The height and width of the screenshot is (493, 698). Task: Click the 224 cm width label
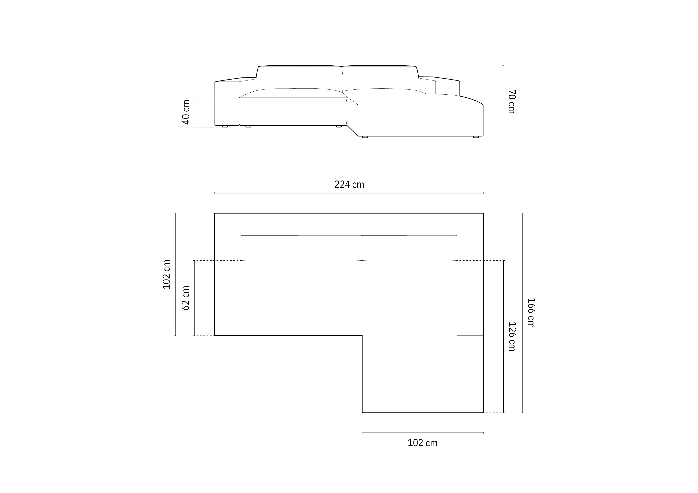pos(349,184)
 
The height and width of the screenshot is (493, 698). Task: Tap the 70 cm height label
pos(512,101)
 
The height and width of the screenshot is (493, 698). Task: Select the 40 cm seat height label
pos(186,112)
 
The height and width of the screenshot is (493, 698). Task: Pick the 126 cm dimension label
pos(512,337)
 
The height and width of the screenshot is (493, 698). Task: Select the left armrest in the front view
pos(227,103)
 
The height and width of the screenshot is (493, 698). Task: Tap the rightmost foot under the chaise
pos(476,137)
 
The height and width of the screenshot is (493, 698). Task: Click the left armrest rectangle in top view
pos(227,274)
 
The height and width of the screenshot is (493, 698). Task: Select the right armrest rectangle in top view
pos(470,274)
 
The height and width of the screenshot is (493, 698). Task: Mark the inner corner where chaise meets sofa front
pos(362,336)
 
